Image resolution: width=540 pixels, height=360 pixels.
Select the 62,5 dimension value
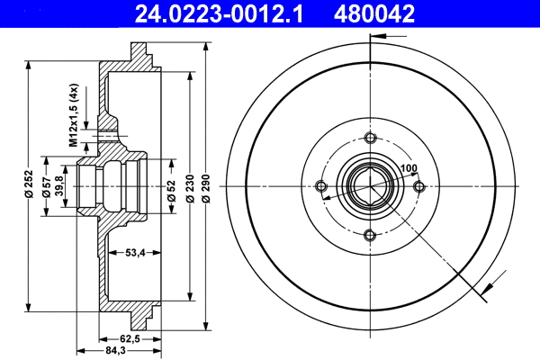click(x=131, y=339)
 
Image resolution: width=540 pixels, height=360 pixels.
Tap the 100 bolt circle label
click(x=410, y=168)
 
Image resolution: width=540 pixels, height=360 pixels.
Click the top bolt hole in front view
click(x=370, y=138)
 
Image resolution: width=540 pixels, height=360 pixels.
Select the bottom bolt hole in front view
click(x=370, y=235)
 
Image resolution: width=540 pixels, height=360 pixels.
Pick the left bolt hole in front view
click(x=321, y=186)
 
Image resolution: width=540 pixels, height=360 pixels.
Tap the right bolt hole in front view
click(x=418, y=186)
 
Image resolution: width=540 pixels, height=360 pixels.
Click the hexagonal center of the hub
click(x=370, y=186)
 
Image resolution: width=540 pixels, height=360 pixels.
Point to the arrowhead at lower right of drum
click(x=487, y=289)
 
